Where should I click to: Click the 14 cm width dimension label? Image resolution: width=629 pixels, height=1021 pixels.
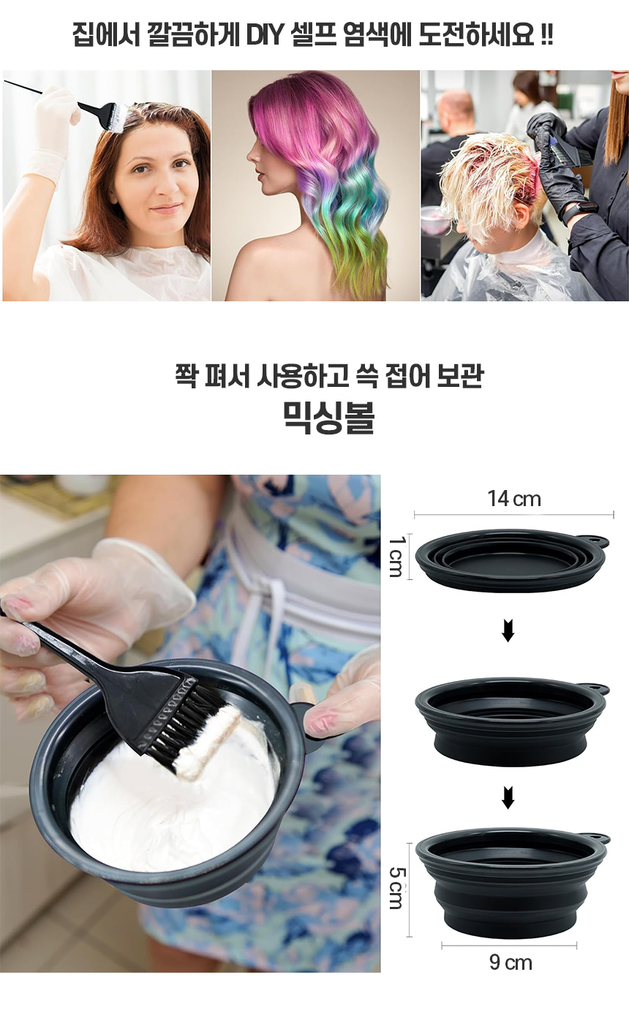click(514, 499)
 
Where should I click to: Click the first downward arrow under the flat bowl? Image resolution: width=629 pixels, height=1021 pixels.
click(508, 631)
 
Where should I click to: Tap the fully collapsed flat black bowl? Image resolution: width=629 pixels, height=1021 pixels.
click(512, 560)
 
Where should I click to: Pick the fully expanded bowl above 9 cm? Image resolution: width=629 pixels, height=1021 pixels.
click(512, 880)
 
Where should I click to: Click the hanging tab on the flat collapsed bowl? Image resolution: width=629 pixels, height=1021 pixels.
click(598, 542)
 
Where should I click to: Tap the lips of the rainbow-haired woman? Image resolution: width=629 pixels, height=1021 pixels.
click(260, 176)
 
